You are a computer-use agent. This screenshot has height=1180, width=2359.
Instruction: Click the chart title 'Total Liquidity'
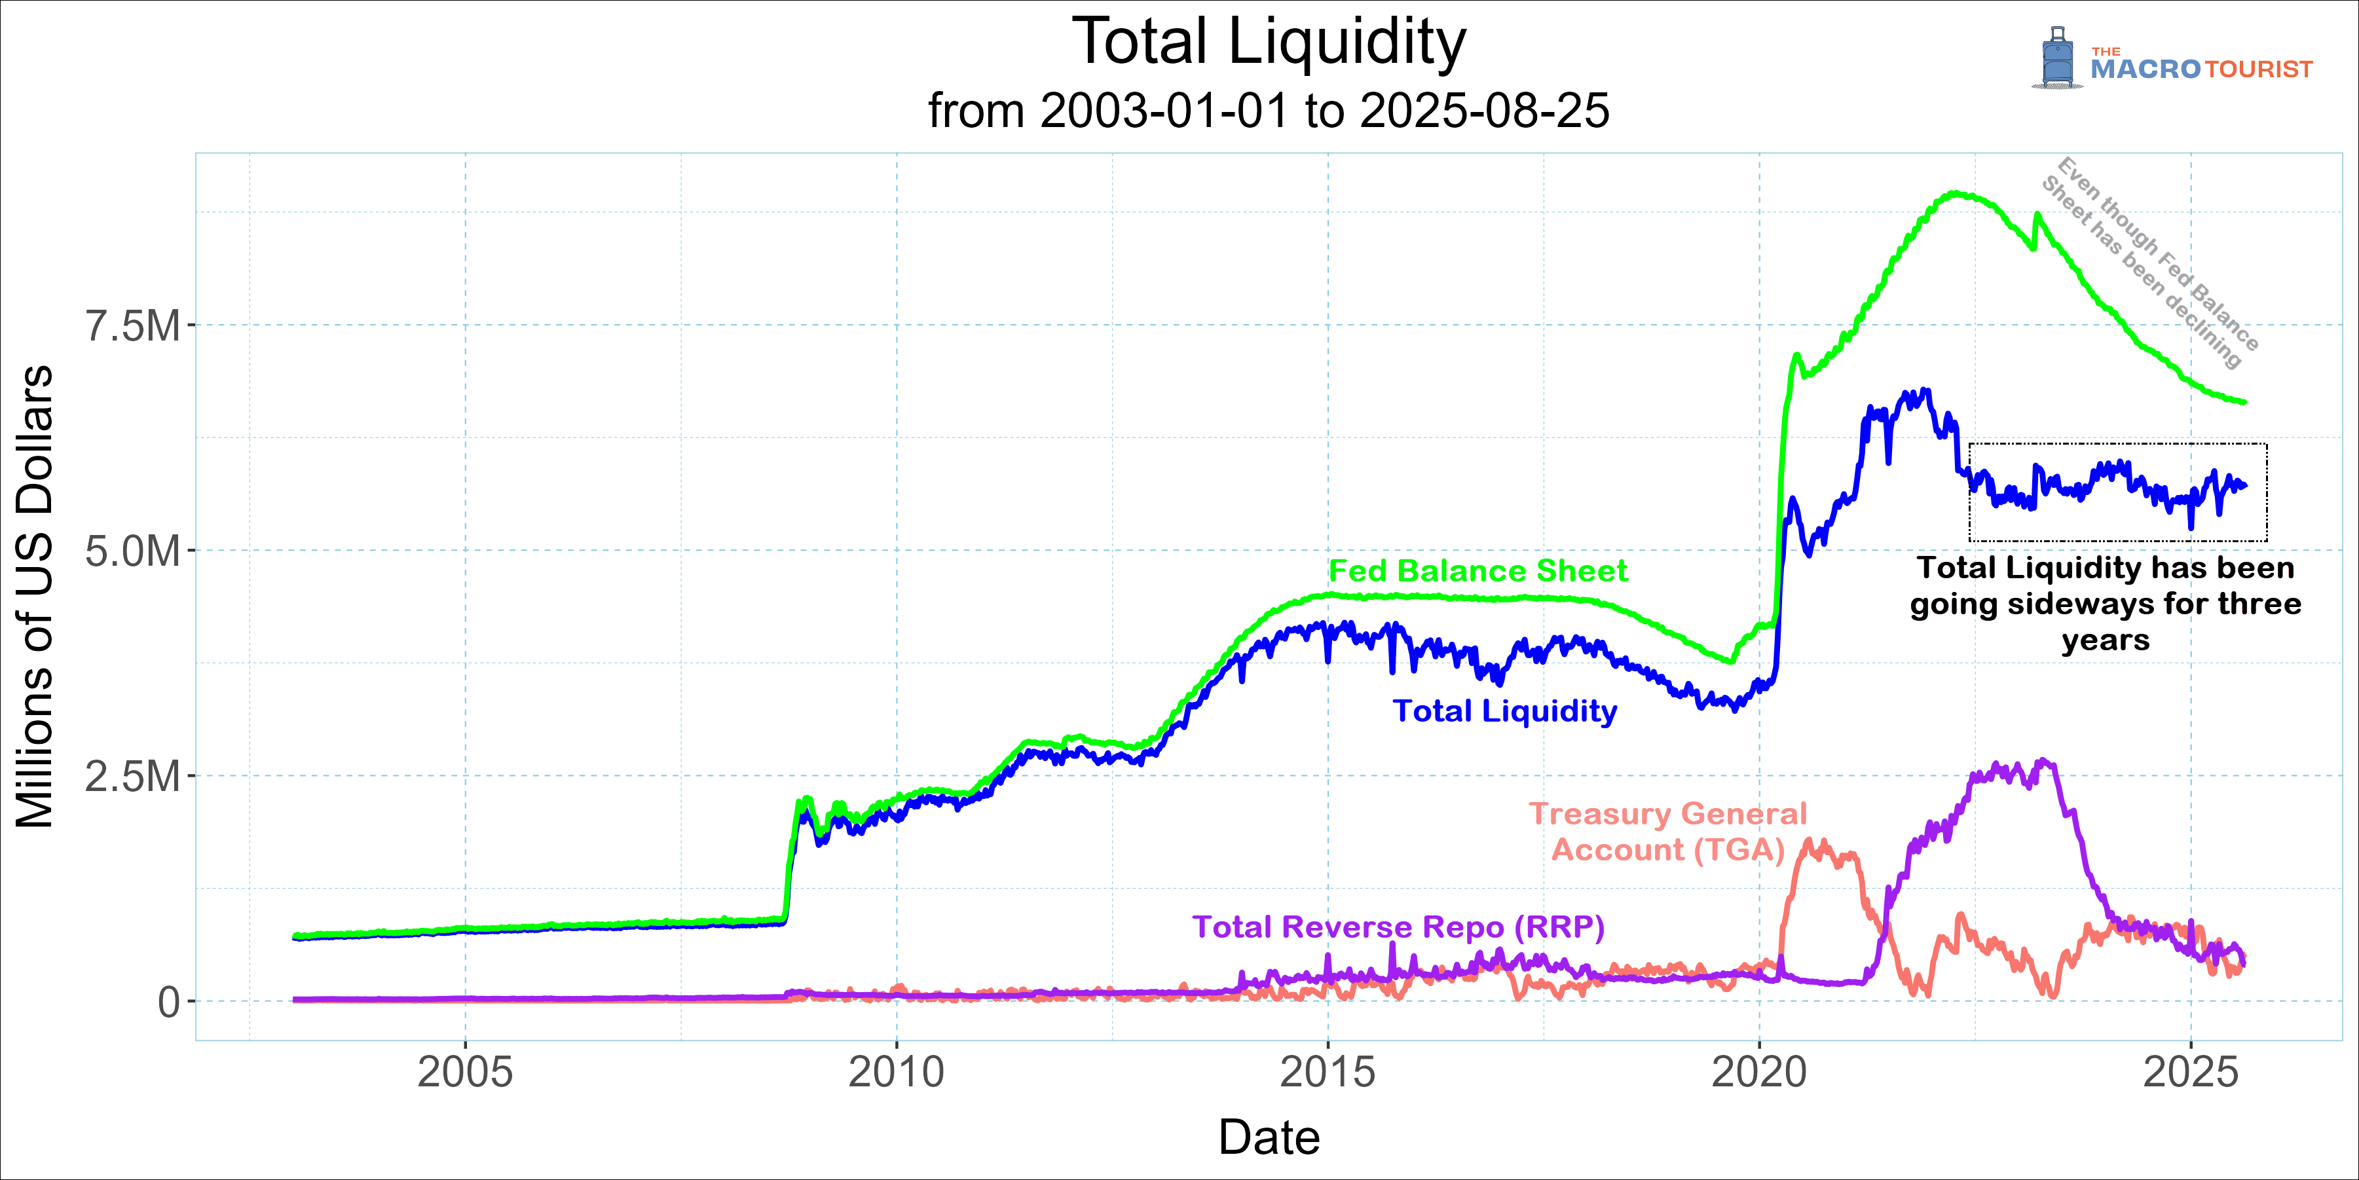(1269, 43)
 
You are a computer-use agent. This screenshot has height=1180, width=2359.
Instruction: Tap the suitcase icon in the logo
(2057, 58)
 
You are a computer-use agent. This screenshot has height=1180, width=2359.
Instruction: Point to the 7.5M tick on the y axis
(133, 326)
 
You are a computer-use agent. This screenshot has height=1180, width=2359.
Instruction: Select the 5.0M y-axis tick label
(133, 552)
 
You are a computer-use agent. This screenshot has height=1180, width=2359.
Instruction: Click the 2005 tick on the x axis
(465, 1072)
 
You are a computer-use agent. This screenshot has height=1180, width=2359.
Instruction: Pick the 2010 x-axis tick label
(897, 1072)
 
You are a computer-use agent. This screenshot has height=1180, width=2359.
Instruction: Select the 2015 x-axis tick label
(1328, 1072)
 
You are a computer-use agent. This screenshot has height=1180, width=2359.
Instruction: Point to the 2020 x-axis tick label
(1759, 1072)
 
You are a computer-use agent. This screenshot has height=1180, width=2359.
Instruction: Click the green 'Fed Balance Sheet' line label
(1477, 571)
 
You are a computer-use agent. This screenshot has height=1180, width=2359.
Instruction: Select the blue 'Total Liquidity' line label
(1504, 711)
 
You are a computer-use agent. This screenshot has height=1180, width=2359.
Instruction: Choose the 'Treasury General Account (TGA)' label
(1667, 831)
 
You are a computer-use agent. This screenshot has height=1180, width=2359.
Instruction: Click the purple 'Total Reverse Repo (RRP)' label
(1398, 927)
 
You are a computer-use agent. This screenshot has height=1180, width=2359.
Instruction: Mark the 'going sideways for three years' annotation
(2106, 604)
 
